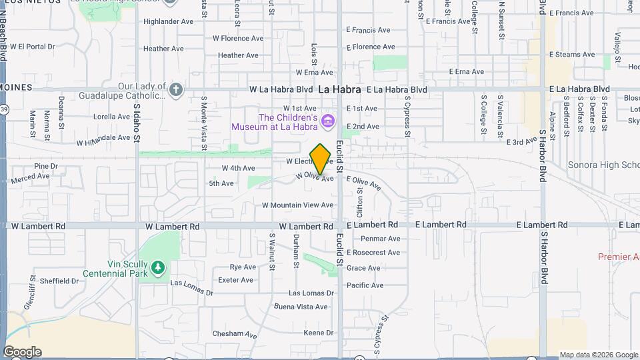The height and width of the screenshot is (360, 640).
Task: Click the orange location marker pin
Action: tap(321, 159)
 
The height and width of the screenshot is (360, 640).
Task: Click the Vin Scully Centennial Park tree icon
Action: tap(158, 268)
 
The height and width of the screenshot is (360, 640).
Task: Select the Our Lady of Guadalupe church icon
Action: tap(176, 90)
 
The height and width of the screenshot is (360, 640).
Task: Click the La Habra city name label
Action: tap(339, 89)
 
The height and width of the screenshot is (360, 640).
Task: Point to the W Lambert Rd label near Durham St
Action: tap(306, 226)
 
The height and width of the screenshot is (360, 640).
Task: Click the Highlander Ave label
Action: tap(168, 21)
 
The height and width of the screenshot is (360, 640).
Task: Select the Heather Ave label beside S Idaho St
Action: tap(163, 49)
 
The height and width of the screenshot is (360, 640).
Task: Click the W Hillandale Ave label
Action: tap(103, 139)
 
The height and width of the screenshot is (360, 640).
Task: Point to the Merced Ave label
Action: tap(30, 177)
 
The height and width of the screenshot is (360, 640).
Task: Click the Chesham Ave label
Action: tap(235, 334)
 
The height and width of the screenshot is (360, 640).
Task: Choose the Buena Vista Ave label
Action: tap(301, 307)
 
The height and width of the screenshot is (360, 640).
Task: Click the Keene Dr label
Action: tap(318, 333)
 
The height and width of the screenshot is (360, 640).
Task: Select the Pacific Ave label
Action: tap(365, 285)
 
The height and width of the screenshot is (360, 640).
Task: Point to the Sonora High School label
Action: tap(603, 165)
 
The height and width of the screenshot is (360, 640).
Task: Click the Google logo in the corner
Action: tap(22, 352)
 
